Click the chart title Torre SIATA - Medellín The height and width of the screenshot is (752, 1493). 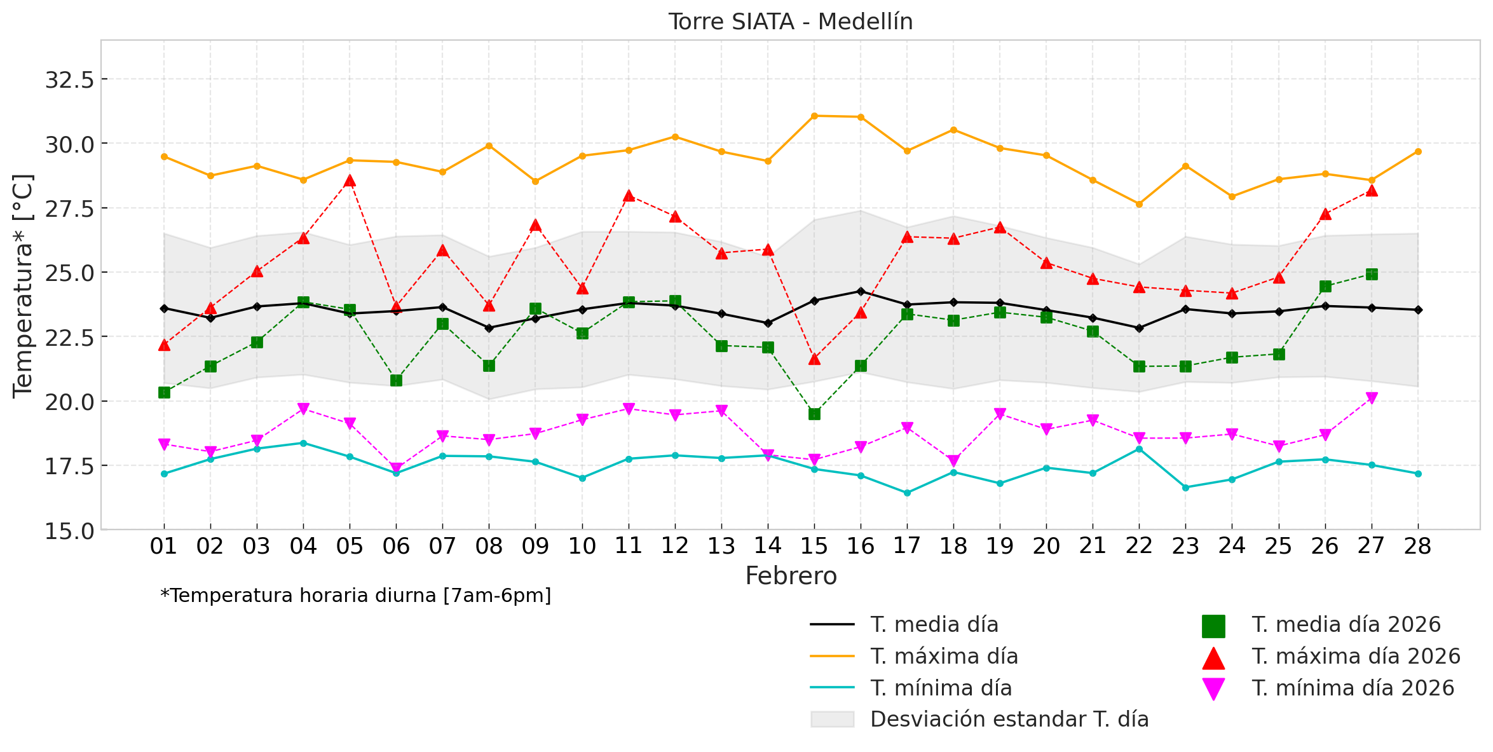790,22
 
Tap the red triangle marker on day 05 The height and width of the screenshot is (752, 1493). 350,181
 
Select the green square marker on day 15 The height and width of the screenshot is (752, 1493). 814,414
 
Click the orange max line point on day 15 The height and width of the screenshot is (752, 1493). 814,116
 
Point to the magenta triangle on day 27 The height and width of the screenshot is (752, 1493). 1372,398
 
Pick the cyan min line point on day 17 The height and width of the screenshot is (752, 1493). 907,493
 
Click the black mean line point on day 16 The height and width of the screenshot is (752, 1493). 861,291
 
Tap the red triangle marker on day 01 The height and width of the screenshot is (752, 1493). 164,345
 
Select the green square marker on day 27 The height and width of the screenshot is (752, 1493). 1372,274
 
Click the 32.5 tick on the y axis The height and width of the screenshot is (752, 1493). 69,80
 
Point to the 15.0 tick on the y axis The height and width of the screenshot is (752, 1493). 69,530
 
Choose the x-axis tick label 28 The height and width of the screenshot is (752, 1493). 1418,546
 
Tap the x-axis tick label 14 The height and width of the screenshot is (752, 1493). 768,546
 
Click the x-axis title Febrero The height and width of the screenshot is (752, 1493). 791,576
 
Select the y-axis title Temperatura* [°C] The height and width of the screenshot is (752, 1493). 23,286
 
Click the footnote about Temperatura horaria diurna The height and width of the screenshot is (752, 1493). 356,596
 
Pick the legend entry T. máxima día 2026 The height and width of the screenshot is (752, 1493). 1356,656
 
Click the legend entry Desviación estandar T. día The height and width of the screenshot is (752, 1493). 1009,719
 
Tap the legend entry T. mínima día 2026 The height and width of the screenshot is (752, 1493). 1353,688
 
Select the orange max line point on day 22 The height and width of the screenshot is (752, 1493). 1139,204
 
